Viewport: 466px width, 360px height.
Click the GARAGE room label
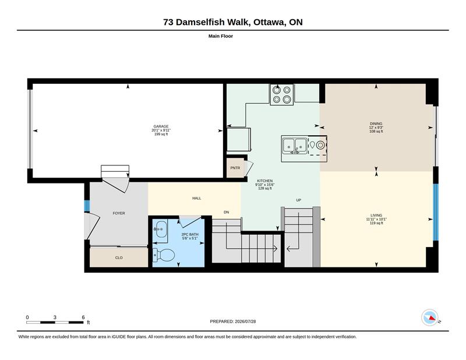click(161, 126)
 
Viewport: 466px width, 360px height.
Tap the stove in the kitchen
click(282, 94)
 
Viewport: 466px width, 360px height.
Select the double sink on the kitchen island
click(295, 146)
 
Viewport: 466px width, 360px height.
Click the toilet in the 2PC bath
click(164, 255)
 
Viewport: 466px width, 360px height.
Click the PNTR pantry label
click(235, 168)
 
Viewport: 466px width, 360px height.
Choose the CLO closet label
click(119, 257)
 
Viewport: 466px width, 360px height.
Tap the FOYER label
click(119, 213)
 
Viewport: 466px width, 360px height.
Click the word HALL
click(197, 198)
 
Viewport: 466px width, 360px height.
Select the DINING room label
click(376, 123)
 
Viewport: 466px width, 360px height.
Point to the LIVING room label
click(376, 215)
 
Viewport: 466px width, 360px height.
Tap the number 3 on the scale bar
click(55, 317)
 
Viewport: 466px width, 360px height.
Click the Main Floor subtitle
click(221, 36)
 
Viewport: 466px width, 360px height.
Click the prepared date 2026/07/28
click(245, 322)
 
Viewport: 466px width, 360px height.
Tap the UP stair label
click(299, 200)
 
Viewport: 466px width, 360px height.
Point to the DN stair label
click(227, 212)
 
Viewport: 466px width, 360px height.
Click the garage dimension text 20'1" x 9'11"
click(161, 130)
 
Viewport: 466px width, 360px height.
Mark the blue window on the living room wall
click(436, 212)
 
